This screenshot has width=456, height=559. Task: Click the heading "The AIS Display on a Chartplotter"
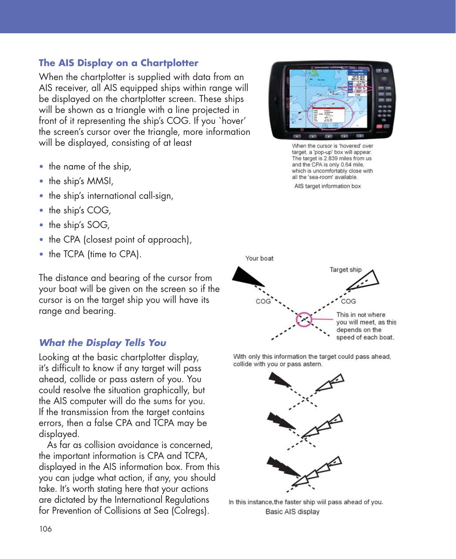(x=118, y=63)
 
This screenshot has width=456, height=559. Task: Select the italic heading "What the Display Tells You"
(x=102, y=343)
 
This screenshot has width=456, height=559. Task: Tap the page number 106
(x=45, y=529)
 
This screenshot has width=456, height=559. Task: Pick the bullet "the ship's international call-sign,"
(x=111, y=196)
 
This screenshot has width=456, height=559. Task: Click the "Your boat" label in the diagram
(x=259, y=258)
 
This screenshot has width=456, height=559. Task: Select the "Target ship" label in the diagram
(x=345, y=270)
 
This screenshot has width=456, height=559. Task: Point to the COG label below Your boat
(x=263, y=301)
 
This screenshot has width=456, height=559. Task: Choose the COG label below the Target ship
(x=348, y=301)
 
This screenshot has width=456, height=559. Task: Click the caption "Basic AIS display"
(x=292, y=512)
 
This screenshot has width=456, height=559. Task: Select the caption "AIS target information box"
(x=327, y=186)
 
